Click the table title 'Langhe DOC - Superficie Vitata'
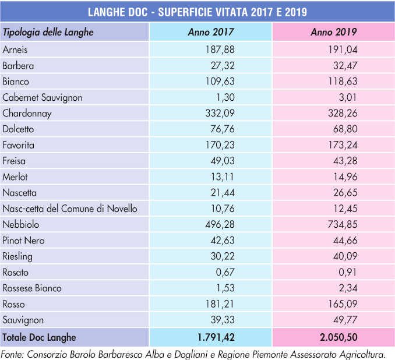tap(197, 11)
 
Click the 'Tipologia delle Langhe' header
tap(48, 32)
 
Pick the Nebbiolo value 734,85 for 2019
tap(333, 225)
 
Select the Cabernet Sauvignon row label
tap(43, 98)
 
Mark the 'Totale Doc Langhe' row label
tap(40, 337)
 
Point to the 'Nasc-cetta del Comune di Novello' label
tap(70, 209)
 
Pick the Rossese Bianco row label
tap(32, 288)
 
